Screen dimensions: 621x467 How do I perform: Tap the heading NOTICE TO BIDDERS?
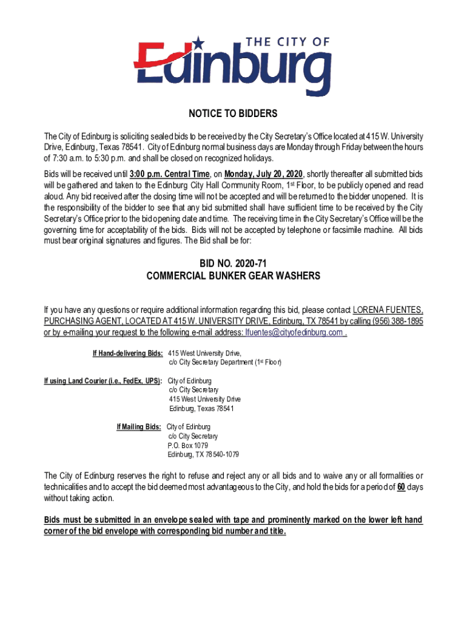tap(233, 114)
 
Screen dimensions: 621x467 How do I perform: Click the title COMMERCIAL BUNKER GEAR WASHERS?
tap(233, 276)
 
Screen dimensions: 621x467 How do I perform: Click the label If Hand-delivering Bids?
tap(127, 353)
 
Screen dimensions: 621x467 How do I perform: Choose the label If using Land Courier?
tap(102, 380)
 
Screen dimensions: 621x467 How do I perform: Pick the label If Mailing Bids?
tap(139, 427)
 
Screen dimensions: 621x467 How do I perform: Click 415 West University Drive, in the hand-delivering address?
tap(205, 353)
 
